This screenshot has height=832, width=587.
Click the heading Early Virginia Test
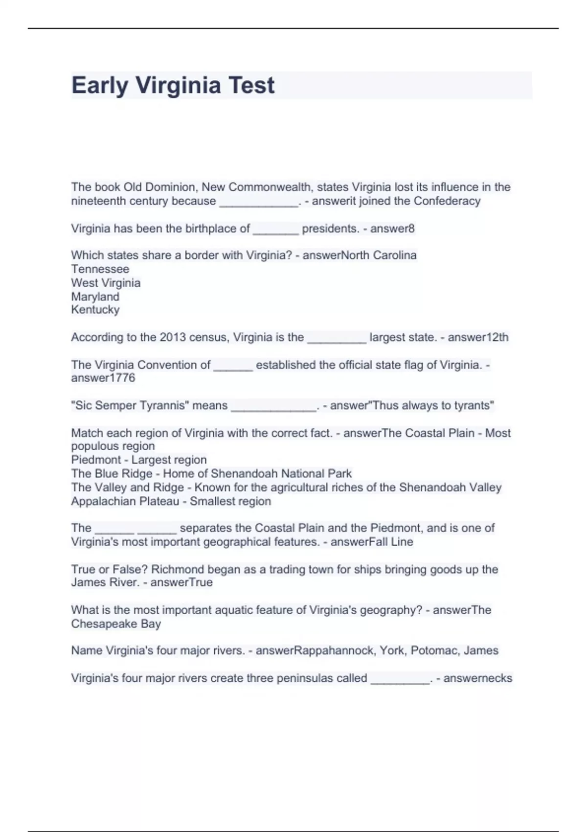pyautogui.click(x=173, y=85)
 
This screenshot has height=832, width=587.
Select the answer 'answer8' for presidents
pyautogui.click(x=392, y=229)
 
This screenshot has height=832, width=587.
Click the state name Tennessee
pyautogui.click(x=100, y=269)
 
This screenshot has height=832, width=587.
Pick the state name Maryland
pyautogui.click(x=95, y=297)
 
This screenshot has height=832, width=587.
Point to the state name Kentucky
pyautogui.click(x=95, y=309)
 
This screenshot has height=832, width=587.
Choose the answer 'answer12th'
pyautogui.click(x=478, y=337)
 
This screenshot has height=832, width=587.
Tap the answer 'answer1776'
pyautogui.click(x=103, y=377)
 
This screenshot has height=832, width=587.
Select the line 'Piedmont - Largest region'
pyautogui.click(x=139, y=460)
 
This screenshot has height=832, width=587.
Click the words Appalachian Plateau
pyautogui.click(x=125, y=501)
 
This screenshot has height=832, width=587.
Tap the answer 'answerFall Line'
pyautogui.click(x=372, y=542)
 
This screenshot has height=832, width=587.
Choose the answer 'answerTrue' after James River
pyautogui.click(x=181, y=582)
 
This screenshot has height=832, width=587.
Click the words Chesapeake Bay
pyautogui.click(x=116, y=624)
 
